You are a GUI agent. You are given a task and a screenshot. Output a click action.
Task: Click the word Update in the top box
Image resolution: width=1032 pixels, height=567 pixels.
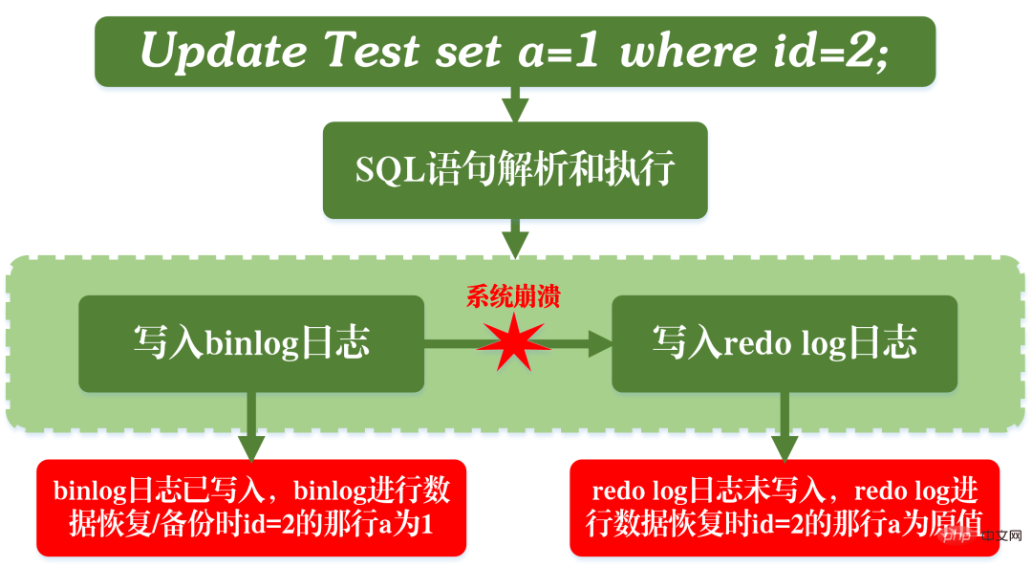pos(223,52)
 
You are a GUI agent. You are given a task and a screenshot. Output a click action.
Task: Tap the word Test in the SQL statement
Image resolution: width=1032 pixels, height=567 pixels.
pos(371,50)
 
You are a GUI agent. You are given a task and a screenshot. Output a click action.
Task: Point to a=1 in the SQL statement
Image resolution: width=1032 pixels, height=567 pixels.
pos(558,52)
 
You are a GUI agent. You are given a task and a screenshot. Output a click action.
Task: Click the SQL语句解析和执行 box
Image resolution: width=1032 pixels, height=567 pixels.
pos(515,170)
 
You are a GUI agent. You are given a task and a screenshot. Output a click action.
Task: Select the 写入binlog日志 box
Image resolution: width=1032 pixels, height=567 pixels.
pos(250,343)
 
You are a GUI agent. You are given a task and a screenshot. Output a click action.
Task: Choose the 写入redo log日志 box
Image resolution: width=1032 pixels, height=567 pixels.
pos(785,343)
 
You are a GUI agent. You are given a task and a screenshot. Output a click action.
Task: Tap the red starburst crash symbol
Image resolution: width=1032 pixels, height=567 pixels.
pos(514,342)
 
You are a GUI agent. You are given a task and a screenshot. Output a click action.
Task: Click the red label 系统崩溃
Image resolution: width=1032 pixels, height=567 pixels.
pos(513,296)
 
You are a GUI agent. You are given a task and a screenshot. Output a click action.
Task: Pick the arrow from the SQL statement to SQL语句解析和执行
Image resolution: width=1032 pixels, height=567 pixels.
pos(515,104)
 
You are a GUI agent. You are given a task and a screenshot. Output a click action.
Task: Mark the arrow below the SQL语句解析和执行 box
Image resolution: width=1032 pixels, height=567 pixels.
pos(515,238)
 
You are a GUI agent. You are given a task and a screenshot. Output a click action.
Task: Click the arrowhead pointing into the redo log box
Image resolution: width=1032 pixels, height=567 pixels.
pos(600,343)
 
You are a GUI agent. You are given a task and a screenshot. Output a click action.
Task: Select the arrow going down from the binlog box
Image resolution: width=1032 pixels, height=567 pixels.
pos(250,426)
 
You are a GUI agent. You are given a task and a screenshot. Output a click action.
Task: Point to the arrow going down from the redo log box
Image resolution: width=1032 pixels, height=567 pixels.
pos(785,426)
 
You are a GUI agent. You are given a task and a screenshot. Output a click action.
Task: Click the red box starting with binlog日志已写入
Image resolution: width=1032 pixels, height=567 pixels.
pos(250,508)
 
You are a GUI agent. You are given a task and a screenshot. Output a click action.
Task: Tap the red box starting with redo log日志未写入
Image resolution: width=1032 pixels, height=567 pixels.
pos(785,508)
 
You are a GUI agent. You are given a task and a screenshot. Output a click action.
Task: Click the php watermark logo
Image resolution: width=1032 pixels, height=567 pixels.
pos(957,534)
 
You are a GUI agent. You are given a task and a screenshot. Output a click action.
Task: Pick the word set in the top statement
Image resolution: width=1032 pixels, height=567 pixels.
pos(468,52)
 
